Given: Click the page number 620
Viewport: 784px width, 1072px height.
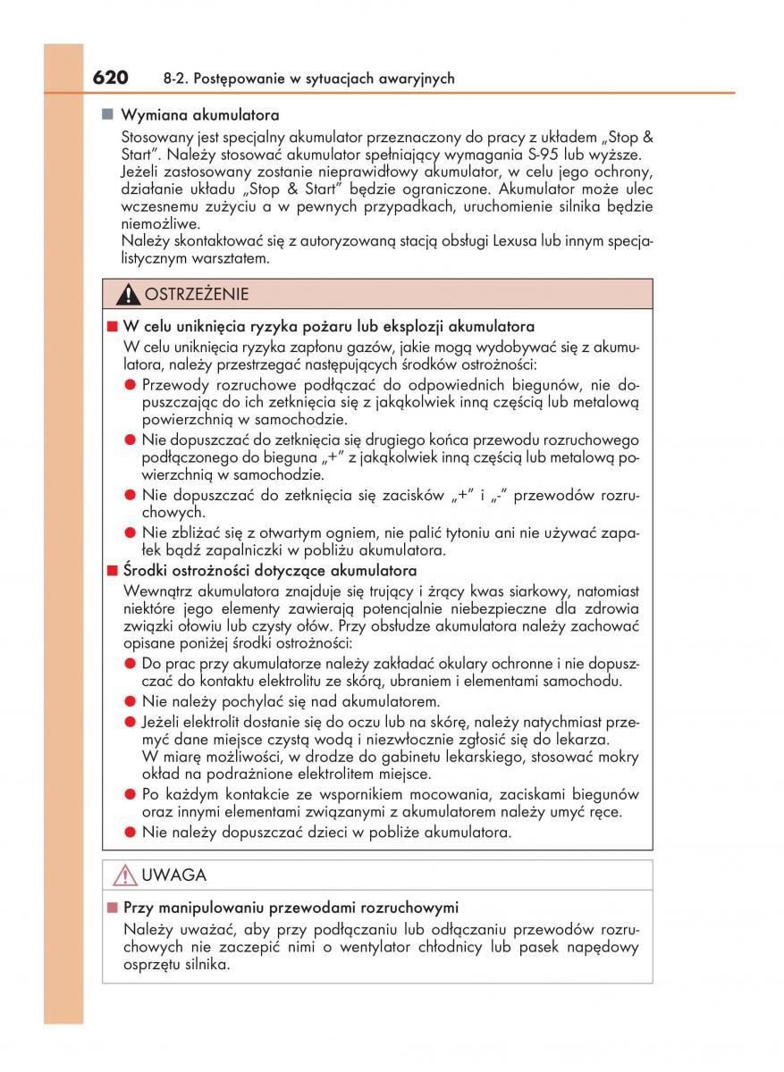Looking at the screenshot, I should (111, 78).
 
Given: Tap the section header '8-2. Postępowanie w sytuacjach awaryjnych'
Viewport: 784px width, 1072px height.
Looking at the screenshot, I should (309, 79).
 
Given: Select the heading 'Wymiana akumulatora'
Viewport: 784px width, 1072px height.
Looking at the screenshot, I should (200, 115).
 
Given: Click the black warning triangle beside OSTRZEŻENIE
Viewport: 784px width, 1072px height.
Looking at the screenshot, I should (131, 294).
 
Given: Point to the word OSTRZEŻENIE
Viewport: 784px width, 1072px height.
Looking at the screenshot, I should (197, 294).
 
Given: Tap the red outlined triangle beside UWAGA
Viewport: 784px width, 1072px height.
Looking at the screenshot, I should (125, 875).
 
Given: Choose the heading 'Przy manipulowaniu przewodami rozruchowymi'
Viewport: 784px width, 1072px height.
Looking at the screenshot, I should (291, 907).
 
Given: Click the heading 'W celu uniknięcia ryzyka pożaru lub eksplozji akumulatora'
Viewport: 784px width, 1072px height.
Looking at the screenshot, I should (328, 327).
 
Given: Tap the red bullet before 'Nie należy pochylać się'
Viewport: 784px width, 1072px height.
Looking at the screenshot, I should (130, 701).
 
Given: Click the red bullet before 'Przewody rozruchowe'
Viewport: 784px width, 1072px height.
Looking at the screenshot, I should (130, 384).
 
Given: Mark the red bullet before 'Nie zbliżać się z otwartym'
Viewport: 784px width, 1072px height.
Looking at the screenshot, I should (130, 532).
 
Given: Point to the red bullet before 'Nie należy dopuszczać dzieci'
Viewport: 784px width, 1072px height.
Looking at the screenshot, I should (130, 832).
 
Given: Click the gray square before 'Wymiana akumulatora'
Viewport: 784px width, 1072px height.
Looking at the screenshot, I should (107, 114).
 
